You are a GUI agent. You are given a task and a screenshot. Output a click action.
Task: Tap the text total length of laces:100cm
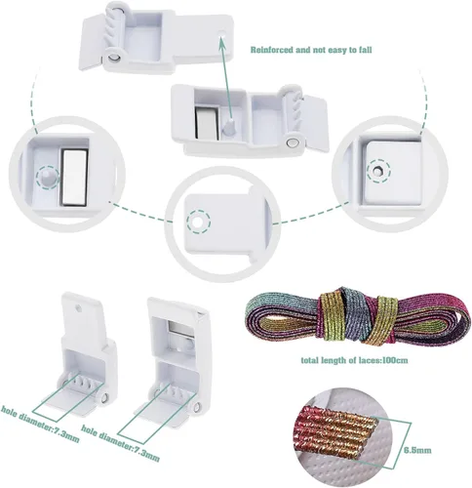pyautogui.click(x=354, y=360)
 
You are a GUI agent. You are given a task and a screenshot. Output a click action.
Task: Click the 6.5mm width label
pyautogui.click(x=417, y=450)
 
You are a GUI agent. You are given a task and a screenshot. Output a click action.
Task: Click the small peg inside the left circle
pyautogui.click(x=48, y=177)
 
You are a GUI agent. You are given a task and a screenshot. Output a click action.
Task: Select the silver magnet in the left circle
pyautogui.click(x=75, y=178)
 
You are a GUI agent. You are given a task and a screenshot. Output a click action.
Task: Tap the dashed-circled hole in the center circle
pyautogui.click(x=198, y=223)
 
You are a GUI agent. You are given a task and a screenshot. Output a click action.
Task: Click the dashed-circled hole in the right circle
pyautogui.click(x=378, y=170)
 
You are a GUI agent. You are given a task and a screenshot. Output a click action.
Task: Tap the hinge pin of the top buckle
pyautogui.click(x=114, y=57)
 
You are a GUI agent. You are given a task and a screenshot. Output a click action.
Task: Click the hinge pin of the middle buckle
pyautogui.click(x=293, y=142)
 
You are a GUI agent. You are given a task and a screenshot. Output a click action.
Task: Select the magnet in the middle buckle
pyautogui.click(x=206, y=123)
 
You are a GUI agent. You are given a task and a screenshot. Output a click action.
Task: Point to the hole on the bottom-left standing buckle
pyautogui.click(x=79, y=307)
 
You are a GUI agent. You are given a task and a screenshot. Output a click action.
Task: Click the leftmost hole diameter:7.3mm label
pyautogui.click(x=40, y=424)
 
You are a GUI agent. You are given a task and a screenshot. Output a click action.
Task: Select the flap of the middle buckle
pyautogui.click(x=315, y=123)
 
